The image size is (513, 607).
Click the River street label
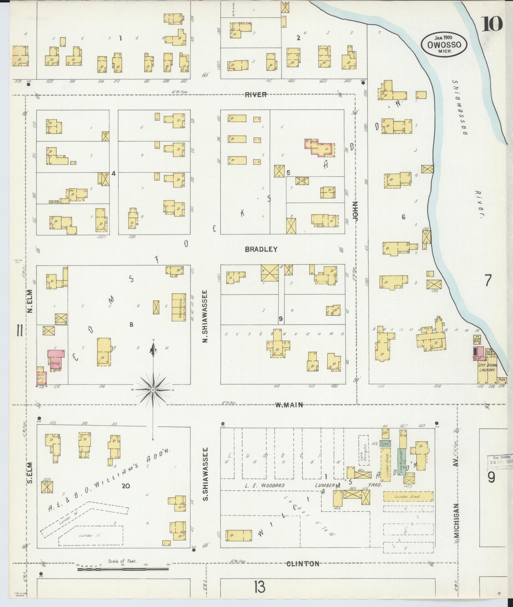pos(255,94)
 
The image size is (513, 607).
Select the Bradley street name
pos(261,250)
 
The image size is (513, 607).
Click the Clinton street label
pos(302,563)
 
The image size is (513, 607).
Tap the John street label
pos(356,212)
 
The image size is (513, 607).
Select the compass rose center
pos(153,390)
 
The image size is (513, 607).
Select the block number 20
pos(125,486)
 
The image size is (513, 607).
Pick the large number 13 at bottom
pos(260,587)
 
